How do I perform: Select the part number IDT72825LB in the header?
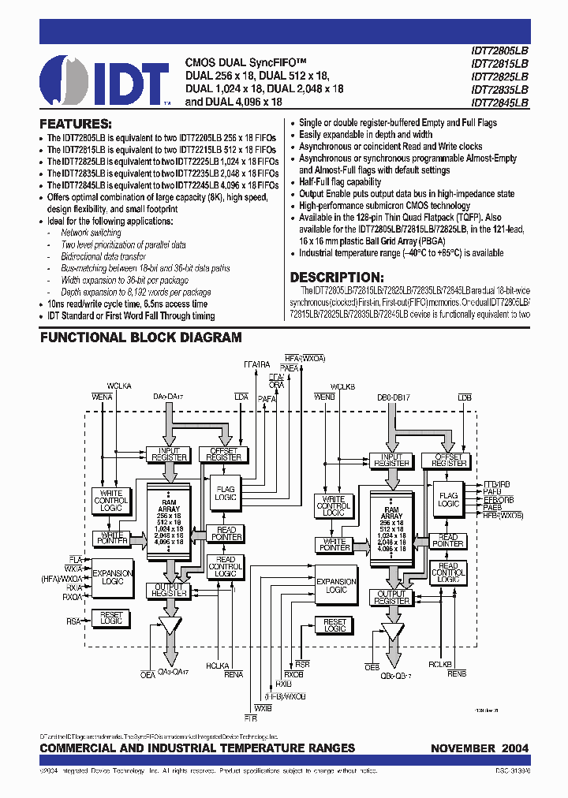point(499,76)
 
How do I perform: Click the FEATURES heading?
point(76,124)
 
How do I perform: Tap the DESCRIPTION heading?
point(337,277)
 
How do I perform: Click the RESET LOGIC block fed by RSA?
point(111,617)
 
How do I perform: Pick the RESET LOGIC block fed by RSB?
point(335,625)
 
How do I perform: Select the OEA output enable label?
point(148,675)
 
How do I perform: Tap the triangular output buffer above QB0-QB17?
point(392,632)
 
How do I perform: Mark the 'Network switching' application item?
point(91,233)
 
